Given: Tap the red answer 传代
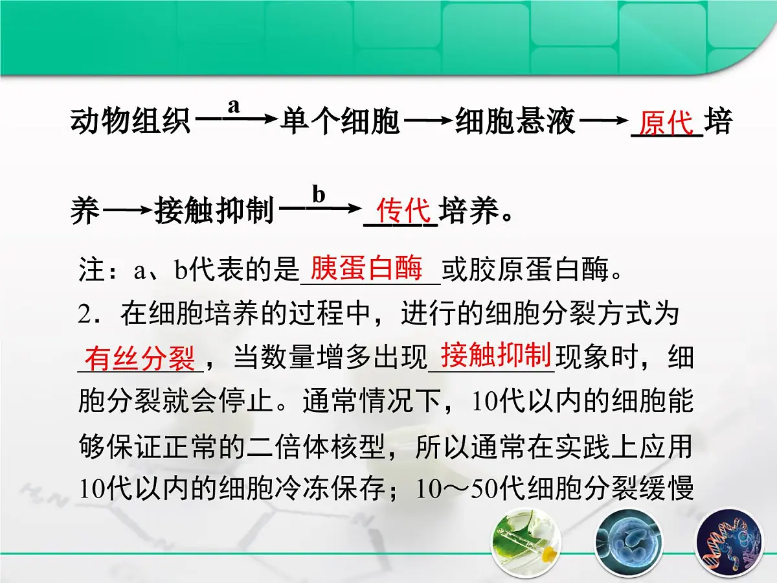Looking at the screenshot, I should pos(403,211).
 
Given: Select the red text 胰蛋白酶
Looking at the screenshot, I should pos(366,268).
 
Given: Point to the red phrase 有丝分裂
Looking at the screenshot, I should pos(139,358).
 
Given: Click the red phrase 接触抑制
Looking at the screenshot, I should pos(495,355).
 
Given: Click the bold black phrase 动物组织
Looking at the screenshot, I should pos(130,122).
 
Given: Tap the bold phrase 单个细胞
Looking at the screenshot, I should pos(341,122).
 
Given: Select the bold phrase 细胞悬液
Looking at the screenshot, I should pos(515,122).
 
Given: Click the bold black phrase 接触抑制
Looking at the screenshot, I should pos(215,211).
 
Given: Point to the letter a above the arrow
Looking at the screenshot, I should pos(234,105).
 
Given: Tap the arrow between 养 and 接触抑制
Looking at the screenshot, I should pos(128,210).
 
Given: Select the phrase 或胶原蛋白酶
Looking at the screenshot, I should pos(525,271).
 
